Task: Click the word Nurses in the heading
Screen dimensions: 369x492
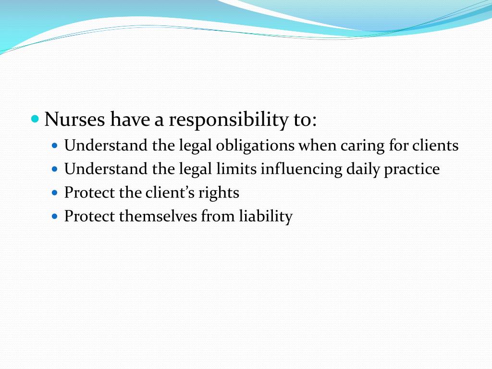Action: tap(74, 119)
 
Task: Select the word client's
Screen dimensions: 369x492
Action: tap(171, 193)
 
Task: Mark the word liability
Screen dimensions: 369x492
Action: tap(266, 217)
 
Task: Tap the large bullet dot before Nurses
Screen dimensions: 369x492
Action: tap(35, 118)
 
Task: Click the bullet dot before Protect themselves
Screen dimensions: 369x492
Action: tap(54, 217)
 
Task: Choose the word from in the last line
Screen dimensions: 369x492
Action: tap(218, 216)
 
